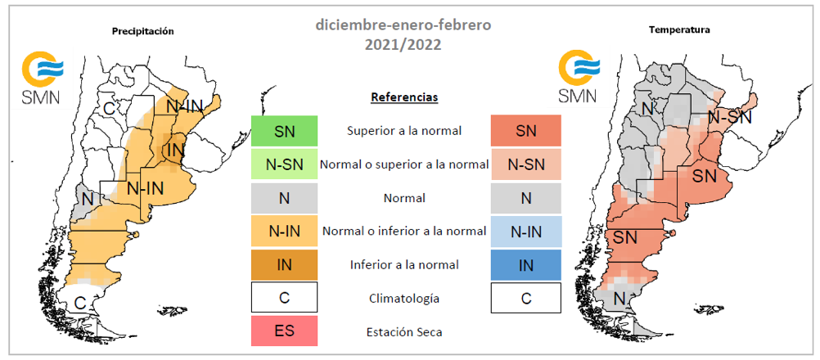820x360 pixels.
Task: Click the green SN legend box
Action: point(285,131)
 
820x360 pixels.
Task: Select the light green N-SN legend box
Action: point(285,164)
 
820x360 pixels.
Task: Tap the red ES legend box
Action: point(285,331)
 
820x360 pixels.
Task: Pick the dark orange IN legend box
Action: point(285,264)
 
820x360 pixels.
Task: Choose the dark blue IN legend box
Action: point(526,264)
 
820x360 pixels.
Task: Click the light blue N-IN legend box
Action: point(526,231)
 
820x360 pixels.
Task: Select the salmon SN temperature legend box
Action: point(526,131)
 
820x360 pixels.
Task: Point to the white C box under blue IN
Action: point(526,298)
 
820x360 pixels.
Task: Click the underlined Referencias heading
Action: point(404,97)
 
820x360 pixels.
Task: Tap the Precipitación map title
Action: point(142,31)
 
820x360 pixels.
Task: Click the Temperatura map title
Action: point(679,30)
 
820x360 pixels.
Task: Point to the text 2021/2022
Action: point(403,45)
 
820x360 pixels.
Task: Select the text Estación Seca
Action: point(404,332)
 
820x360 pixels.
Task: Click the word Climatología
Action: point(404,299)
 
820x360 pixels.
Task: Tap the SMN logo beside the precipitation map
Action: point(42,78)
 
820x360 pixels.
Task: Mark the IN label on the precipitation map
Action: point(176,151)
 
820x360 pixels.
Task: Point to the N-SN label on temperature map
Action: point(730,118)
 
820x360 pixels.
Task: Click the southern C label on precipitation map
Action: point(79,302)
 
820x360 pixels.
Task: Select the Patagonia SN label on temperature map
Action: point(625,238)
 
